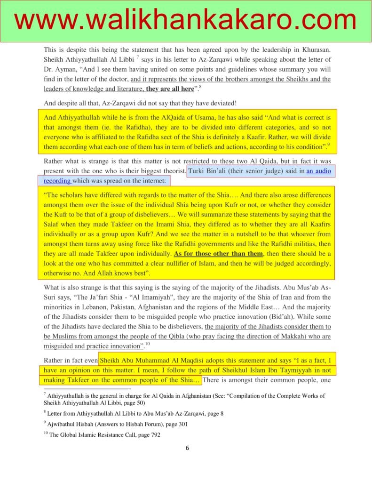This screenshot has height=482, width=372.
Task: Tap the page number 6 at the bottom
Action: tap(187, 448)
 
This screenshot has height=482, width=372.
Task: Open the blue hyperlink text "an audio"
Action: tap(319, 171)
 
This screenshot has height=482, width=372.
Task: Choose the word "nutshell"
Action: tap(202, 234)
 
